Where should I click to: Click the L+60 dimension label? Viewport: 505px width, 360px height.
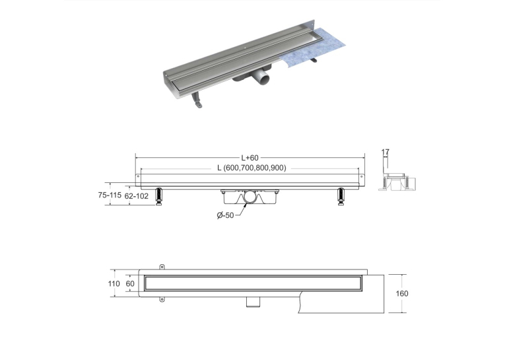pyautogui.click(x=250, y=158)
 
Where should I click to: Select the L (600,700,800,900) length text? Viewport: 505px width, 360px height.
pyautogui.click(x=252, y=168)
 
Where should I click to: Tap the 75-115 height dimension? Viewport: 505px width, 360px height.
pyautogui.click(x=110, y=195)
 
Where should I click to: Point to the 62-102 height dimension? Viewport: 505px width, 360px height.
pyautogui.click(x=137, y=196)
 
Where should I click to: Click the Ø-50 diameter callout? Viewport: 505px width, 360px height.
pyautogui.click(x=226, y=215)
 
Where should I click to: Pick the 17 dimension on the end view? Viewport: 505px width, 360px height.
pyautogui.click(x=386, y=151)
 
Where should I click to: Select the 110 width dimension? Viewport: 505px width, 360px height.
pyautogui.click(x=114, y=283)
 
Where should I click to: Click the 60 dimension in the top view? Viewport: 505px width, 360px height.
pyautogui.click(x=130, y=283)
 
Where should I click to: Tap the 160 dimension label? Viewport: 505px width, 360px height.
pyautogui.click(x=401, y=293)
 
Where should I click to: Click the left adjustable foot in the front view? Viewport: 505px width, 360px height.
pyautogui.click(x=159, y=196)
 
